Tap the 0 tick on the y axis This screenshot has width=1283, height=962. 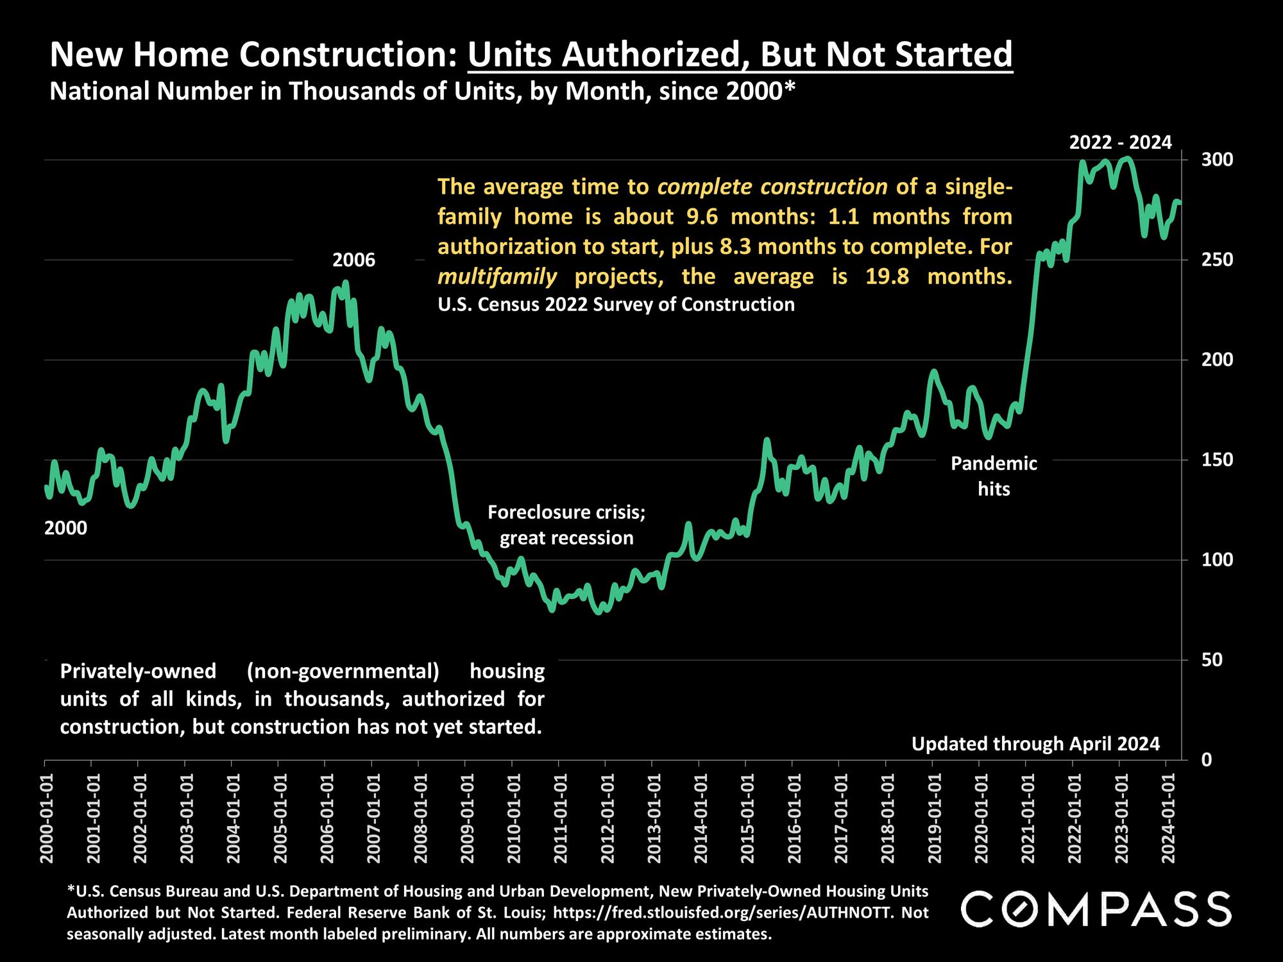coord(1207,760)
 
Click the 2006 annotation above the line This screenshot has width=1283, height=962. coord(353,260)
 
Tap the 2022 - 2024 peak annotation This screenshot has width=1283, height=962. coord(1120,142)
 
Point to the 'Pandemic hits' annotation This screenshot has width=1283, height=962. coord(994,476)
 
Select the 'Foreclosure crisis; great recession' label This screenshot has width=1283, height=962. coord(566,525)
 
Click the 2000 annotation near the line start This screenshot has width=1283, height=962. coord(65,528)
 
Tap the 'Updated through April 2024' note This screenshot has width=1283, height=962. coord(1035,744)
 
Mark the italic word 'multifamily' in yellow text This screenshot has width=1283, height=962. coord(497,277)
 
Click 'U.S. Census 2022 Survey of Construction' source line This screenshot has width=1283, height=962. coord(616,304)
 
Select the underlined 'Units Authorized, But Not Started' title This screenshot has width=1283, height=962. coord(740,55)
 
